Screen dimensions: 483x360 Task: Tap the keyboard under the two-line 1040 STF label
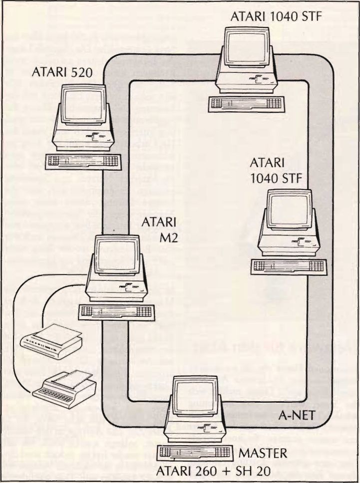click(289, 266)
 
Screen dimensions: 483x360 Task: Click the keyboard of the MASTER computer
click(196, 454)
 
